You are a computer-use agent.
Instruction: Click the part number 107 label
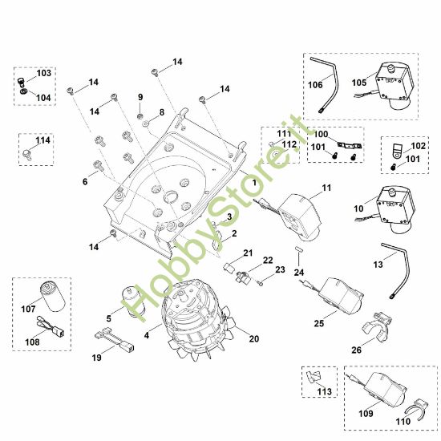28,307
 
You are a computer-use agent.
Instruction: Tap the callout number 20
254,338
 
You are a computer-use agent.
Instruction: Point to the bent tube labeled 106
329,79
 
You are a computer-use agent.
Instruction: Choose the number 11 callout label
326,188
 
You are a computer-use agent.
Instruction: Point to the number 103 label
43,73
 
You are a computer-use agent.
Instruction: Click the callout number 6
84,182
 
